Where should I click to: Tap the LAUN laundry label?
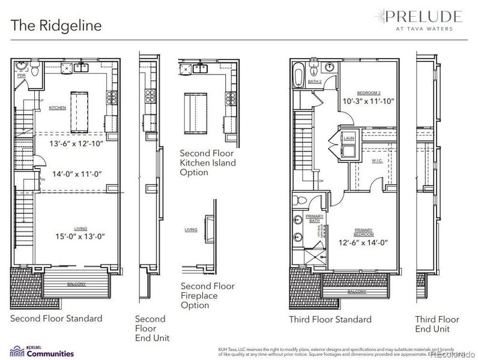pos(348,138)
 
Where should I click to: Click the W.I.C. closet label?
pos(377,161)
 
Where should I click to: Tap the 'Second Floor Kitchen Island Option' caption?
pos(207,163)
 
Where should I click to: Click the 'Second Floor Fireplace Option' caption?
pos(207,296)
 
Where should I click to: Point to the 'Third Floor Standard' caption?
pos(330,319)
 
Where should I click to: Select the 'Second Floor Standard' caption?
pos(56,319)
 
